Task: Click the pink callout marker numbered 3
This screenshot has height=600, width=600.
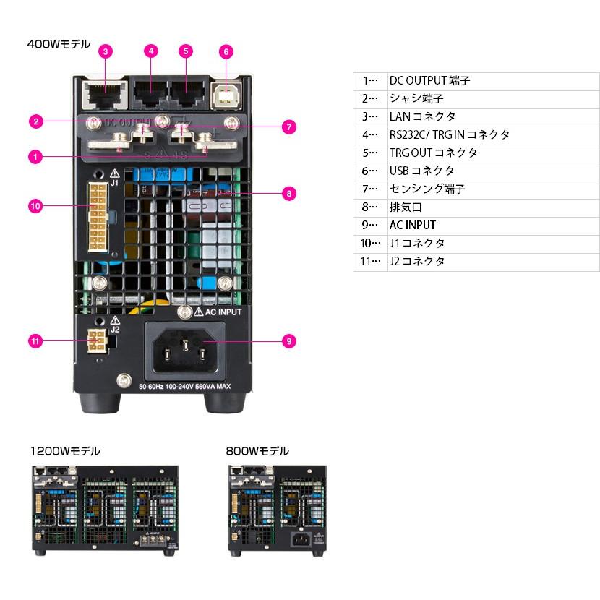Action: (106, 51)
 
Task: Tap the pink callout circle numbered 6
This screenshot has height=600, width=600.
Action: (226, 51)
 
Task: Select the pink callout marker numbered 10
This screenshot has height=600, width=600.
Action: (35, 206)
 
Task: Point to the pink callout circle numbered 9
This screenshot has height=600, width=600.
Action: (288, 340)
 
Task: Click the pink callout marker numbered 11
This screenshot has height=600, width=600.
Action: (35, 340)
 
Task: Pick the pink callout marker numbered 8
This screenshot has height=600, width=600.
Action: (288, 193)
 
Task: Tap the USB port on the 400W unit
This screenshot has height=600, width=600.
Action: (226, 95)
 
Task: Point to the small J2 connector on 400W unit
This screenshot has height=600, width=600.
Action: (96, 340)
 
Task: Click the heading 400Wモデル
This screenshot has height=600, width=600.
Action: (59, 45)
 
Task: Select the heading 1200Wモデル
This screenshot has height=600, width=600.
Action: (65, 451)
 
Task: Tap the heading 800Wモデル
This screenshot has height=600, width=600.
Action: (257, 451)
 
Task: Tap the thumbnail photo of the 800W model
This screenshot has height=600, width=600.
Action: (278, 510)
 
